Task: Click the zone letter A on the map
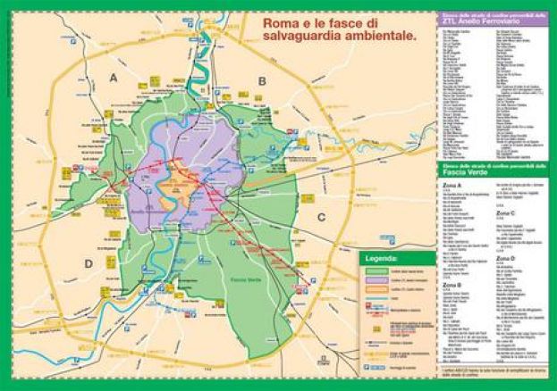coord(113,79)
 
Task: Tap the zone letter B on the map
coord(262,80)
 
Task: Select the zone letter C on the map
coord(320,216)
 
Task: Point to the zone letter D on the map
coord(89,263)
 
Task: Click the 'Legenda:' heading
coord(378,259)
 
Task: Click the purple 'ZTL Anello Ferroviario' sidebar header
coord(494,22)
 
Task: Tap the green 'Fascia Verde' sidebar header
coord(494,167)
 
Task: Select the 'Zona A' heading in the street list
coord(452,185)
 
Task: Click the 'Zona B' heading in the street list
coord(452,282)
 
